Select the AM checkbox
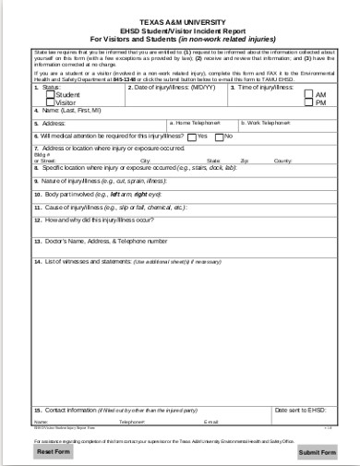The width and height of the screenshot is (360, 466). coord(309,94)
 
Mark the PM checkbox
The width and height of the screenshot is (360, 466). coord(309,102)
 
